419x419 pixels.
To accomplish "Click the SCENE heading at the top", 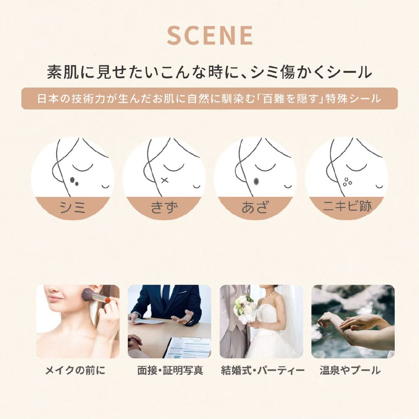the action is pyautogui.click(x=210, y=35).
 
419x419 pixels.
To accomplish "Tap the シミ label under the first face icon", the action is pyautogui.click(x=72, y=207).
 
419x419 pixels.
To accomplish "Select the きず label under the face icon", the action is pyautogui.click(x=164, y=207).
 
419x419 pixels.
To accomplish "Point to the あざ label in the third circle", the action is pyautogui.click(x=255, y=207).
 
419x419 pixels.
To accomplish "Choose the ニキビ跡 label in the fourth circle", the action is pyautogui.click(x=347, y=206).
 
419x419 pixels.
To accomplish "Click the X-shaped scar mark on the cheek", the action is pyautogui.click(x=165, y=180).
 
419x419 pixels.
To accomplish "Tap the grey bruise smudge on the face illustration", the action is pyautogui.click(x=256, y=181).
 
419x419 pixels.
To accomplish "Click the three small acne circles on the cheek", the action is pyautogui.click(x=347, y=182).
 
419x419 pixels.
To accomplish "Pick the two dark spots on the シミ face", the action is pyautogui.click(x=74, y=181).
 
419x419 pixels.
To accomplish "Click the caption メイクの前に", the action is pyautogui.click(x=75, y=370).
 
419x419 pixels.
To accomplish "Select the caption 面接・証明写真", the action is pyautogui.click(x=170, y=370).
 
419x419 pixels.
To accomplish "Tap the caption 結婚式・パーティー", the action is pyautogui.click(x=263, y=370).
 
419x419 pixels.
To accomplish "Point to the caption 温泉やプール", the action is pyautogui.click(x=350, y=370).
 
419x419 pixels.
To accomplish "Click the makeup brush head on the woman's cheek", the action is pyautogui.click(x=90, y=294).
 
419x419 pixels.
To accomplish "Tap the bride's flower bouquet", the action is pyautogui.click(x=245, y=307).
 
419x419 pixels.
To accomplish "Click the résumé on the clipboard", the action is pyautogui.click(x=187, y=347).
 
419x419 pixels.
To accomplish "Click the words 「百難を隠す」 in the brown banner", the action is pyautogui.click(x=292, y=98).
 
